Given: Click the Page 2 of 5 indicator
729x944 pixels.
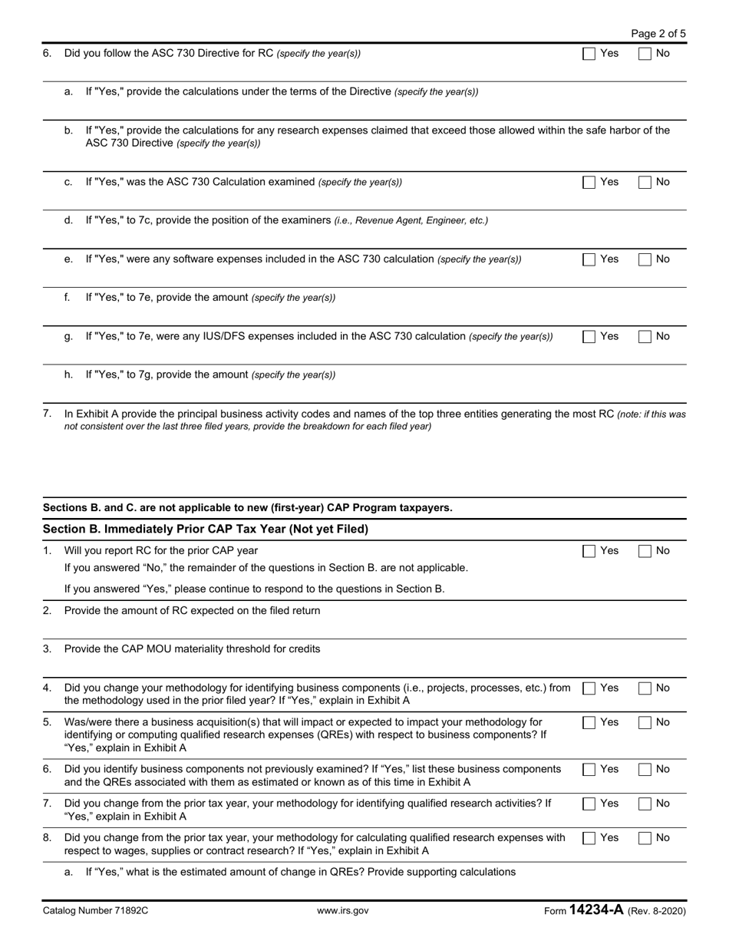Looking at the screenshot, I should coord(658,34).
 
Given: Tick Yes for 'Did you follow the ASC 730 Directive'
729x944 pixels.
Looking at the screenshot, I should coord(589,54).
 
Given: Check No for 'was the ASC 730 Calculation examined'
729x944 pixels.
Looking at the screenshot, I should coord(645,183).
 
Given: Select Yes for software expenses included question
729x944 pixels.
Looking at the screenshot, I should coord(589,259).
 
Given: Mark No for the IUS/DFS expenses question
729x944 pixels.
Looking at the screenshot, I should coord(645,336).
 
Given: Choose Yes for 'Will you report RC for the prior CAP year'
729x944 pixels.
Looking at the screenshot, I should coord(589,551).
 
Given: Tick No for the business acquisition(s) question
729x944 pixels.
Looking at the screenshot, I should coord(645,723).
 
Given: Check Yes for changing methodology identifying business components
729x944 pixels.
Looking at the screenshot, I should coord(589,688).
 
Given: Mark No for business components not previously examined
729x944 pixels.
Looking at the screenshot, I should coord(645,770).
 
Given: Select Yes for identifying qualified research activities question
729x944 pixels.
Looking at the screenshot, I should coord(589,804).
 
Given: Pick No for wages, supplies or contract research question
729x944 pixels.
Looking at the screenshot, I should coord(645,838).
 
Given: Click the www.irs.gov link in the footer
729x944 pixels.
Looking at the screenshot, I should coord(342,911).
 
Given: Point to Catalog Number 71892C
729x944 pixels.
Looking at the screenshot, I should coord(95,911).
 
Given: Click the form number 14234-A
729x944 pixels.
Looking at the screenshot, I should coord(595,910).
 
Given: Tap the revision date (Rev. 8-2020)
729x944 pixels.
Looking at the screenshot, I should coord(656,911).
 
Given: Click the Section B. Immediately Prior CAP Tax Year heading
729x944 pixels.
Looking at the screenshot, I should coord(206,530).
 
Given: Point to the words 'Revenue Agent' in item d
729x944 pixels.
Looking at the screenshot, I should coord(389,221).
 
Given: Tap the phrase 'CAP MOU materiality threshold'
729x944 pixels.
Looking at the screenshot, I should coord(209,649).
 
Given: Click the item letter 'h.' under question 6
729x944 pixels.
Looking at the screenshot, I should coord(69,375).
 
